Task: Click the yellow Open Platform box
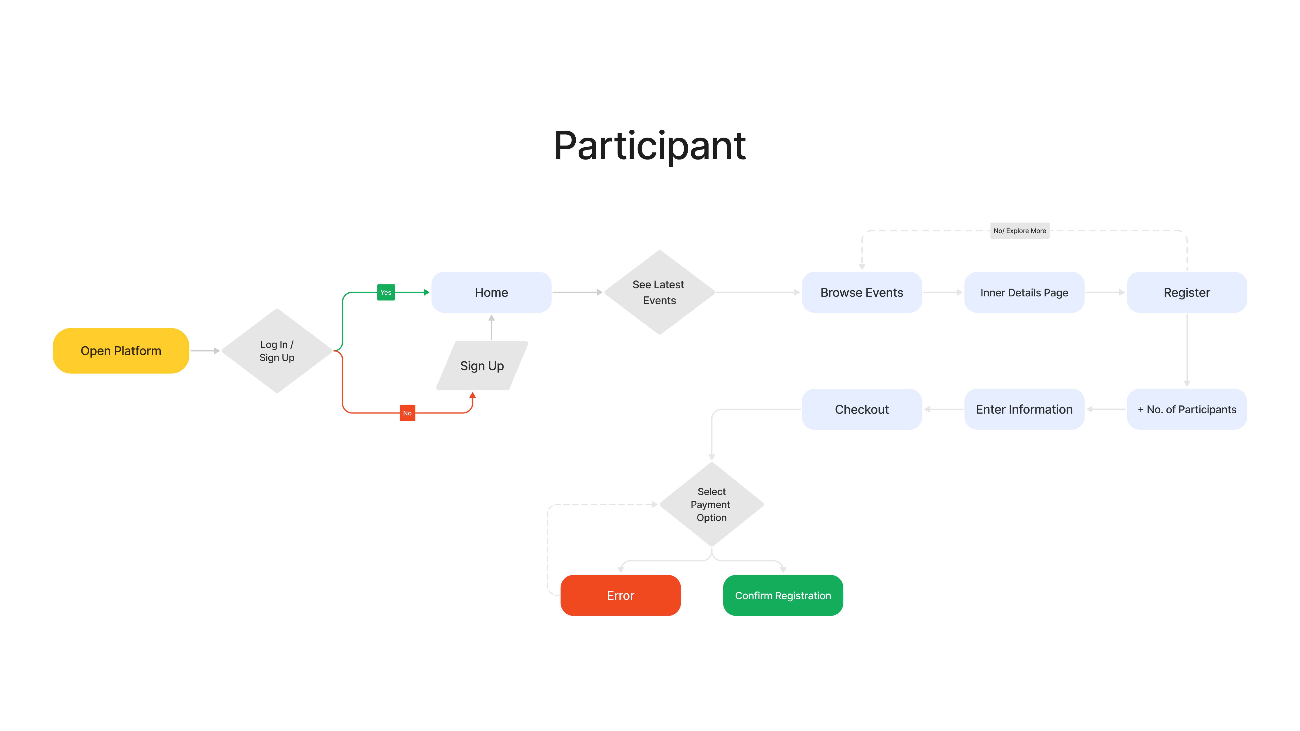click(121, 351)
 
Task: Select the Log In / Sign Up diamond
click(277, 351)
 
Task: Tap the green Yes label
click(386, 292)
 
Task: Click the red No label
click(407, 413)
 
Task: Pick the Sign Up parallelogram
click(482, 366)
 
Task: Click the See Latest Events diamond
click(660, 292)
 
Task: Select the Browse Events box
click(862, 292)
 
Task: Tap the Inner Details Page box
click(1024, 292)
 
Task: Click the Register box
click(1187, 292)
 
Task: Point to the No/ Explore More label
click(1020, 230)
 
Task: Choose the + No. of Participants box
click(1187, 409)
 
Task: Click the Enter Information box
click(1024, 409)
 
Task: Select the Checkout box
click(862, 409)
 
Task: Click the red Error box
click(621, 595)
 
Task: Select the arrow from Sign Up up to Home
click(492, 327)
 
